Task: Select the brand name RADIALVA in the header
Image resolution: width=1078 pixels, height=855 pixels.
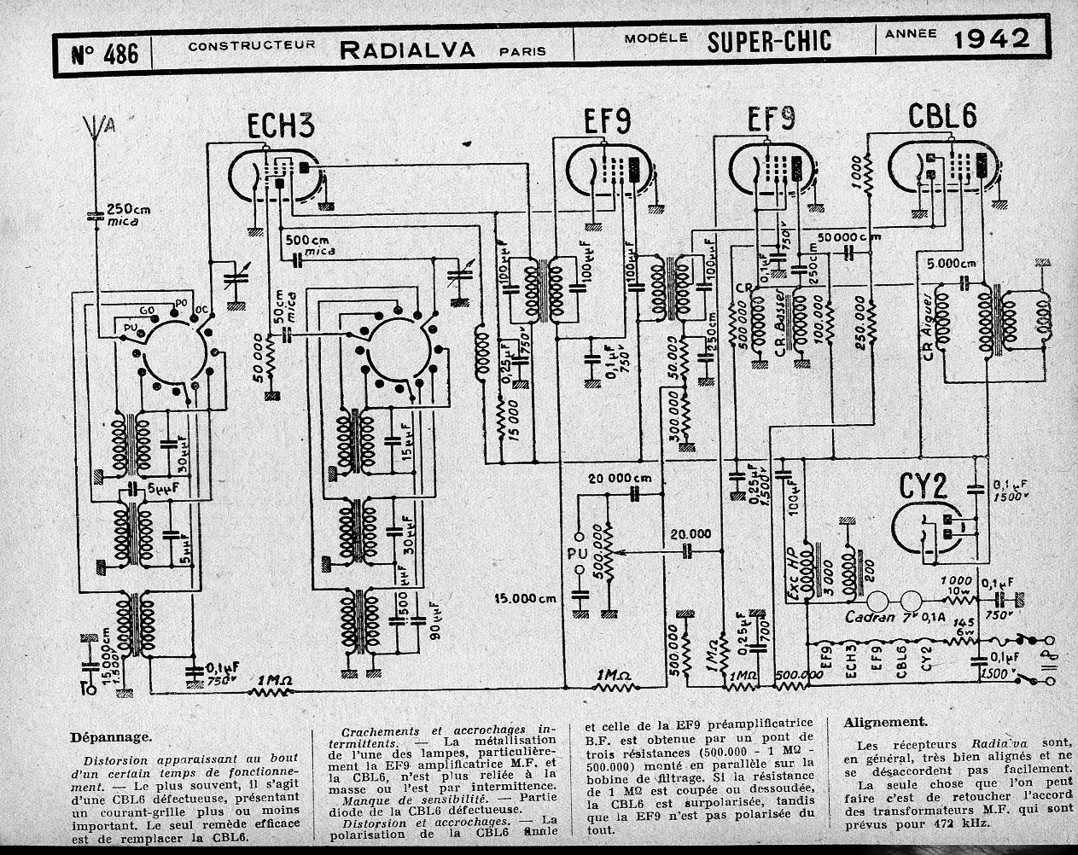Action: (407, 49)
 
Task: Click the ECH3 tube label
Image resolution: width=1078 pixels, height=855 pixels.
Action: (281, 127)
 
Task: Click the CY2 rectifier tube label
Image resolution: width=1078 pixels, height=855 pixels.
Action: (924, 487)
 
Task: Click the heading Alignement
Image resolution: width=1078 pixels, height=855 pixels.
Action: (885, 721)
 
